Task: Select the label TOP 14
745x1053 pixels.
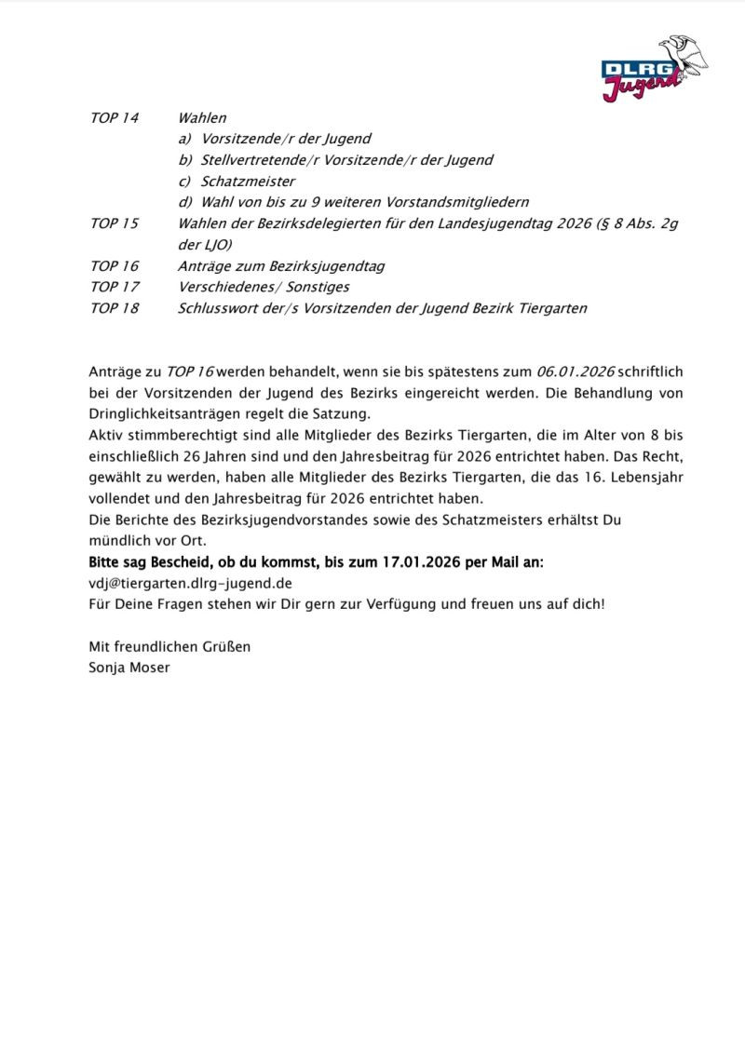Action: click(114, 118)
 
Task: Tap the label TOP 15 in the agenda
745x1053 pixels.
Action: click(114, 223)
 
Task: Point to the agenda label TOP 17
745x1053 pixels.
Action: click(114, 287)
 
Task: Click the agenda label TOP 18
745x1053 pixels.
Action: click(114, 308)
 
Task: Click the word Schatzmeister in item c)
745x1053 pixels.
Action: click(248, 182)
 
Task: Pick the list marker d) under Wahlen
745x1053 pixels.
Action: click(185, 202)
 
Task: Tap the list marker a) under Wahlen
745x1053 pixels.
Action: click(185, 139)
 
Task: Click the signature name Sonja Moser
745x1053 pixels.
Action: click(129, 668)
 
